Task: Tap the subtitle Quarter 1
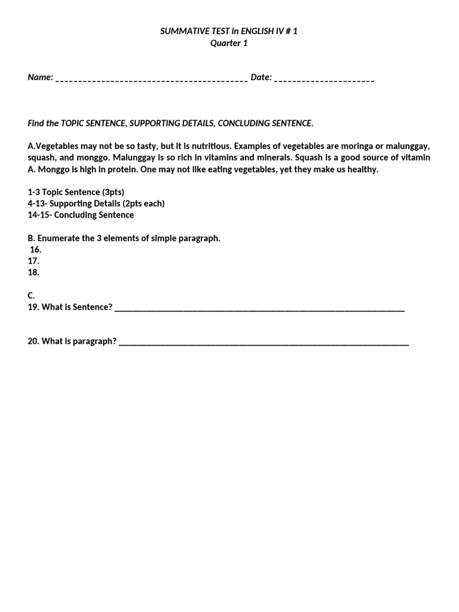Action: coord(229,43)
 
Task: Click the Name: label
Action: coord(41,77)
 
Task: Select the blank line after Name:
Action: coord(152,79)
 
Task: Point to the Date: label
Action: coord(261,77)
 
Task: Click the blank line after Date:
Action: coord(324,79)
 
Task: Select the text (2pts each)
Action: coord(143,204)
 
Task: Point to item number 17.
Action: coord(33,261)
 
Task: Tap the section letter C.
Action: coord(31,295)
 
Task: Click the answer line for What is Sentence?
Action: coord(259,309)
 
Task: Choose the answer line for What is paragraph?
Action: coord(264,343)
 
